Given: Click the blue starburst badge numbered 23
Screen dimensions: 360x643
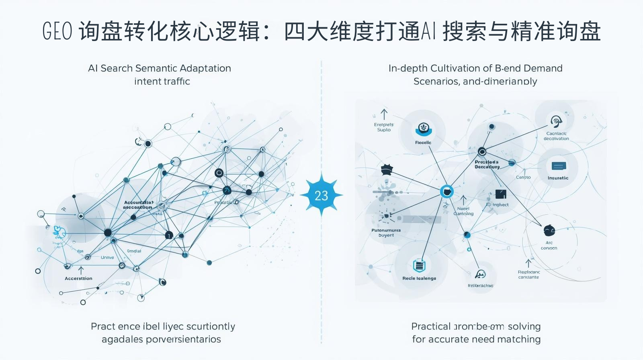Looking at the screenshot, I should click(x=321, y=195).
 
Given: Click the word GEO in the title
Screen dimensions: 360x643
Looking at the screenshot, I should click(x=57, y=31).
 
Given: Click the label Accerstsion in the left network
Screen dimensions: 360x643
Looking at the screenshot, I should click(x=78, y=278).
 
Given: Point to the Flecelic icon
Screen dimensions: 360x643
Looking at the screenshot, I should click(x=423, y=129).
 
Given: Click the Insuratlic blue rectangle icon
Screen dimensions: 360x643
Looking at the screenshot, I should click(x=559, y=166).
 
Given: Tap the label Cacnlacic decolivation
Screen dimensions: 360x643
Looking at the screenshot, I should click(x=556, y=136).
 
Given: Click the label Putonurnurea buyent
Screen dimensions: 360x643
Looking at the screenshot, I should click(x=386, y=233).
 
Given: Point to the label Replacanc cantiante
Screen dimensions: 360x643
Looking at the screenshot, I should click(x=528, y=275).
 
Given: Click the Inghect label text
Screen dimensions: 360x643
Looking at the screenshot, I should click(x=501, y=205).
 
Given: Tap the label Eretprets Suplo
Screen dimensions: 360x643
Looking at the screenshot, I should click(x=384, y=127).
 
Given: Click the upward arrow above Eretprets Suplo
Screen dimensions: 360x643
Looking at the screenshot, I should click(x=384, y=115).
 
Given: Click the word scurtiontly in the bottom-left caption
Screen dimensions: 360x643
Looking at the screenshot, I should click(x=211, y=326).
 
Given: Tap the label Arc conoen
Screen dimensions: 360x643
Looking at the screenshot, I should click(x=549, y=245).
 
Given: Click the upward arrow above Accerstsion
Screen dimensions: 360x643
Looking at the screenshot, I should click(x=81, y=270).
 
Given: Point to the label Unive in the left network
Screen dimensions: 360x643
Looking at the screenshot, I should click(x=107, y=258).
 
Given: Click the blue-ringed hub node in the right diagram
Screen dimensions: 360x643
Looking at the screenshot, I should click(x=446, y=191).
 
